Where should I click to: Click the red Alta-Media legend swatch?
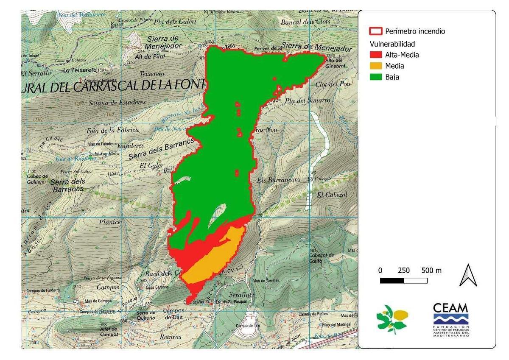pos(375,55)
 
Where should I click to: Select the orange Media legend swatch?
pos(375,66)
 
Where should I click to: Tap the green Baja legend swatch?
pos(375,77)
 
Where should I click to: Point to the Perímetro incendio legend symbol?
pos(375,31)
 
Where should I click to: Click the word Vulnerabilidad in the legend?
pos(392,44)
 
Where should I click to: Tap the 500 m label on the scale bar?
pos(431,271)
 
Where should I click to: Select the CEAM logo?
pos(451,319)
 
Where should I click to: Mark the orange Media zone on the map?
pos(214,256)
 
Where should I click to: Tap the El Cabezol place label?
pos(332,195)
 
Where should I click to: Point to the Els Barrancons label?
pos(279,180)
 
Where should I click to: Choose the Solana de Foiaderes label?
pos(117,102)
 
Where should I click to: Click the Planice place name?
pos(110,222)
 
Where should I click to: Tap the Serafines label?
pos(242,294)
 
